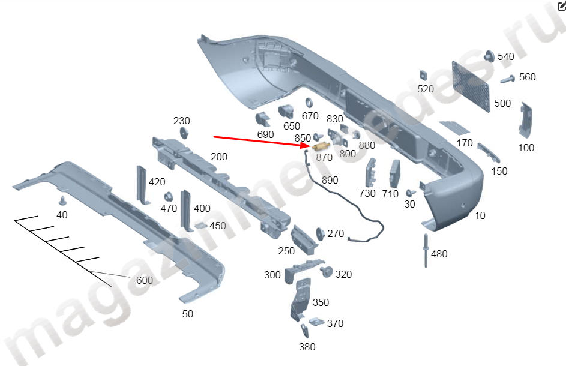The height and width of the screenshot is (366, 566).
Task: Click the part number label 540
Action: point(506,56)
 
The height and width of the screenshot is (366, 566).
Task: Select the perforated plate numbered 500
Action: point(469,85)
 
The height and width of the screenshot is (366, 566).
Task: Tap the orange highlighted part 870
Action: point(321,148)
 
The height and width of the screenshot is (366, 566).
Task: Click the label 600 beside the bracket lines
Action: point(145,280)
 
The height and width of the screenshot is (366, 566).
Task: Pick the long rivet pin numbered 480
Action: point(426,250)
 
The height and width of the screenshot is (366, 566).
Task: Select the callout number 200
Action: point(219,157)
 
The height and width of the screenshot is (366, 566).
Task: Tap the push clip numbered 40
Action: point(62,200)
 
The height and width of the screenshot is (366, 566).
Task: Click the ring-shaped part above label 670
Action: point(310,103)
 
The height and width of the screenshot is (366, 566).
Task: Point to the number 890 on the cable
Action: point(330,180)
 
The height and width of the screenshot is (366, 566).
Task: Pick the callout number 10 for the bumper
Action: point(480,215)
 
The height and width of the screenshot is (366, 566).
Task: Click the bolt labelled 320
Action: point(327,274)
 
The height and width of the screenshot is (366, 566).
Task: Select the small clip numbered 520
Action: point(423,75)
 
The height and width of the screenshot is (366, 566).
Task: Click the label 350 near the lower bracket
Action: point(321,302)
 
